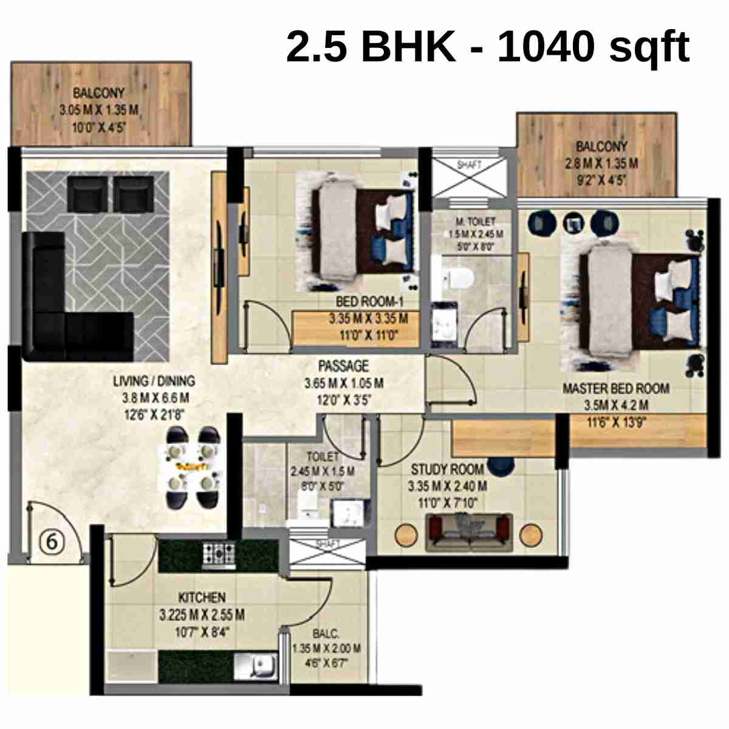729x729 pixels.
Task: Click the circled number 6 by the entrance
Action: point(52,541)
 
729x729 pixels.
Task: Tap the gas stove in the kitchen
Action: point(219,554)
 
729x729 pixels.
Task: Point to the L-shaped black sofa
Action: point(67,304)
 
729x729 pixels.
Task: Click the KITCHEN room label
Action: point(202,598)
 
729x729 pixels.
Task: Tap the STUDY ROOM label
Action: point(448,470)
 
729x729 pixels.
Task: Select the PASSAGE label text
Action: point(343,366)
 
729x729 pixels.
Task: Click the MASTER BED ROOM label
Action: point(615,389)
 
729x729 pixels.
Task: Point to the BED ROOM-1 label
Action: point(369,302)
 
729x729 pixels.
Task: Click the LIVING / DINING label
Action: point(154,382)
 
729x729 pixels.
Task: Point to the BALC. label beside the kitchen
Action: point(326,634)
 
